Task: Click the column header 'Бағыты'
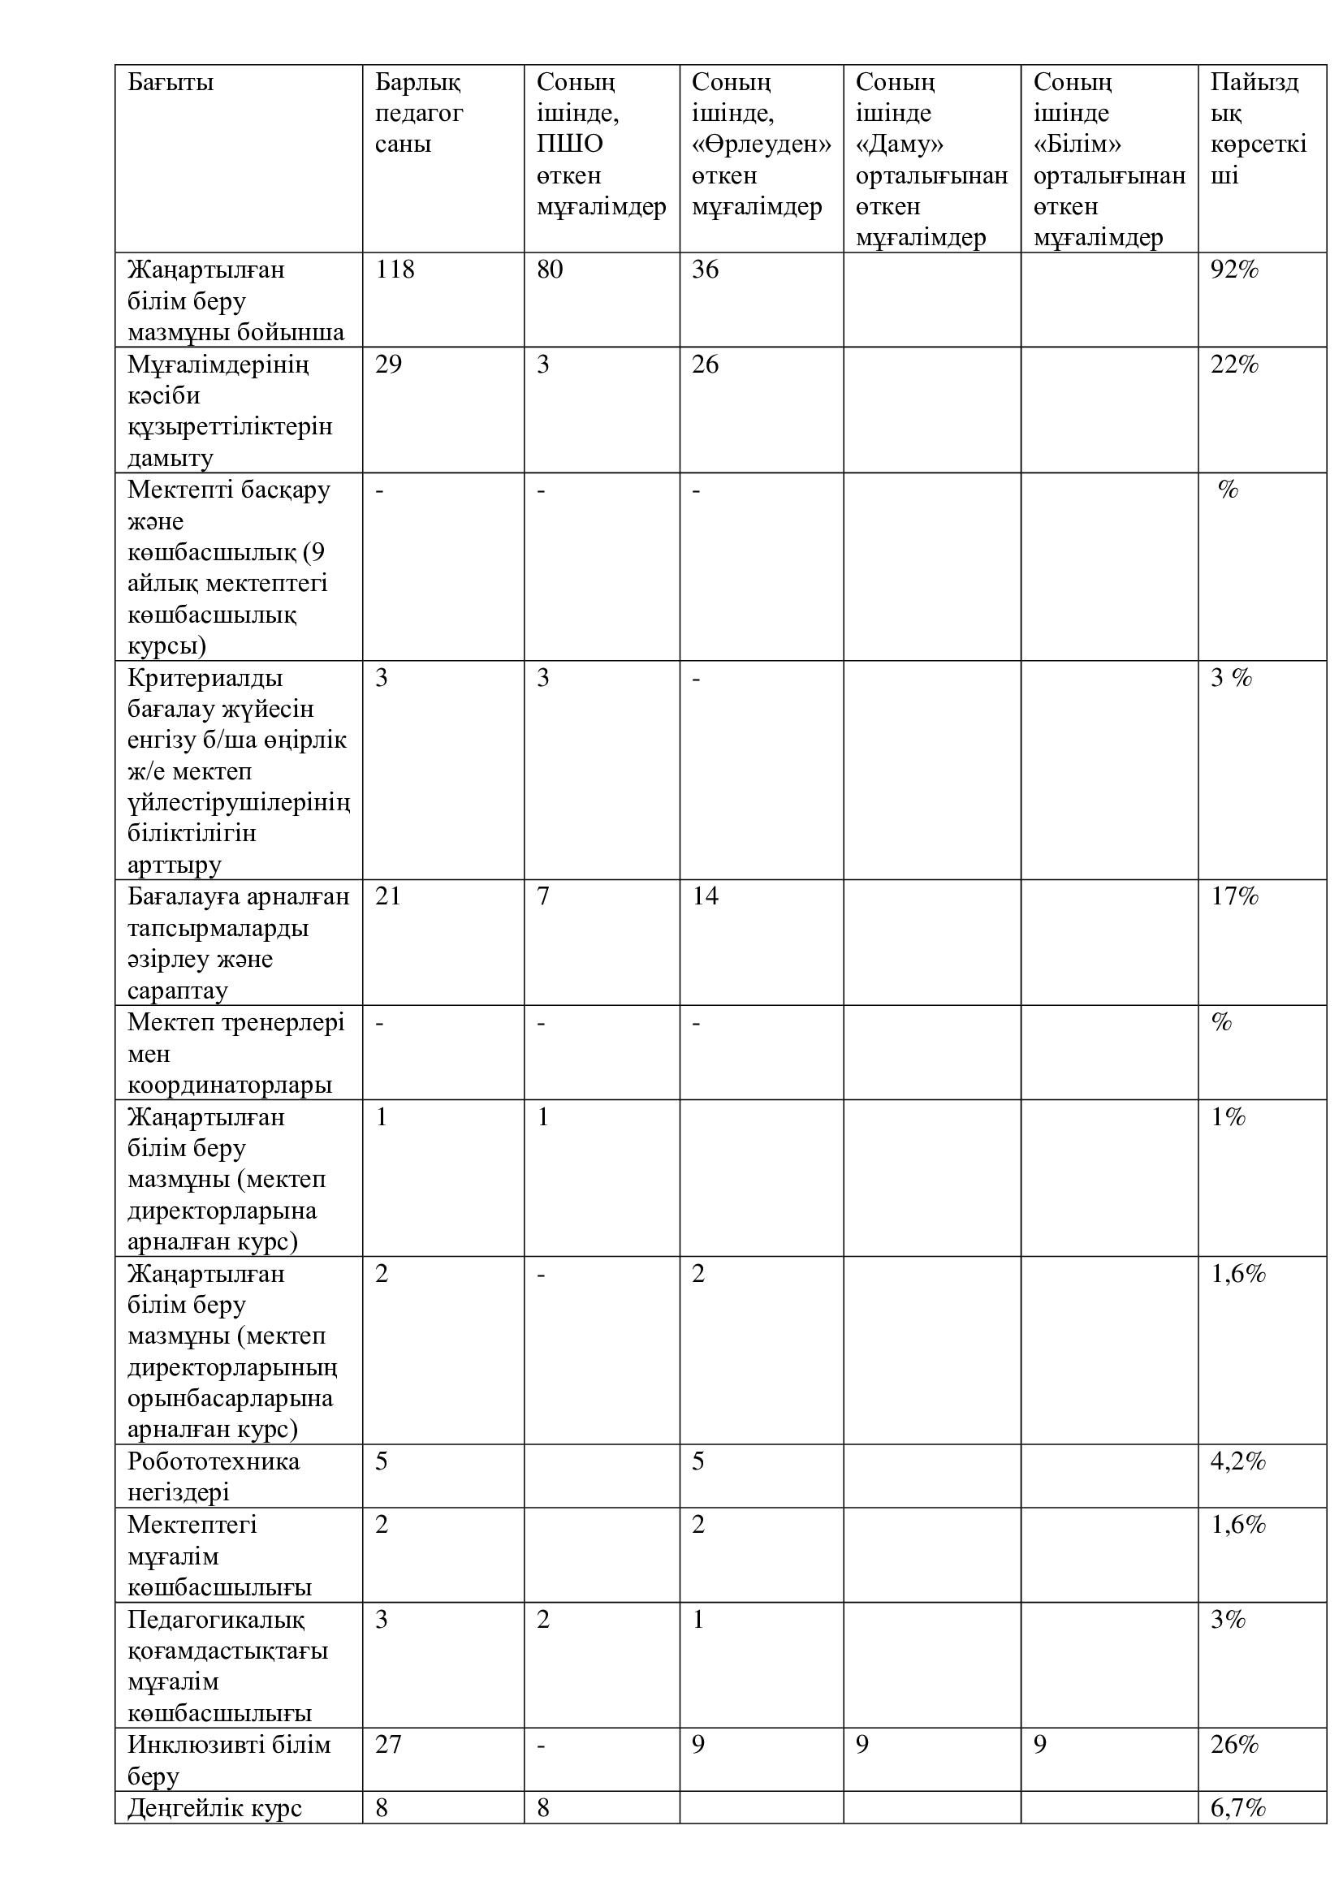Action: tap(171, 83)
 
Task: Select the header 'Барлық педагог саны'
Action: tap(418, 114)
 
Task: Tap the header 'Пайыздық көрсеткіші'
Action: tap(1258, 128)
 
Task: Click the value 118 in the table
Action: tap(395, 270)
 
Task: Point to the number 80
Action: tap(550, 270)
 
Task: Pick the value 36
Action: tap(706, 270)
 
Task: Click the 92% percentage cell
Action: tap(1234, 270)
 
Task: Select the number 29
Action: tap(389, 364)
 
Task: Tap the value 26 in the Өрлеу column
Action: tap(706, 364)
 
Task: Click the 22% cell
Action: tap(1234, 364)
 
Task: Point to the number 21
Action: tap(388, 896)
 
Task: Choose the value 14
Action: tap(706, 896)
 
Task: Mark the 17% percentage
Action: tap(1234, 896)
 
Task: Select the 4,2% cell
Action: tap(1238, 1461)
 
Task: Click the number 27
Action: tap(389, 1744)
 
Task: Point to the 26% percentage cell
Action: tap(1234, 1744)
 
